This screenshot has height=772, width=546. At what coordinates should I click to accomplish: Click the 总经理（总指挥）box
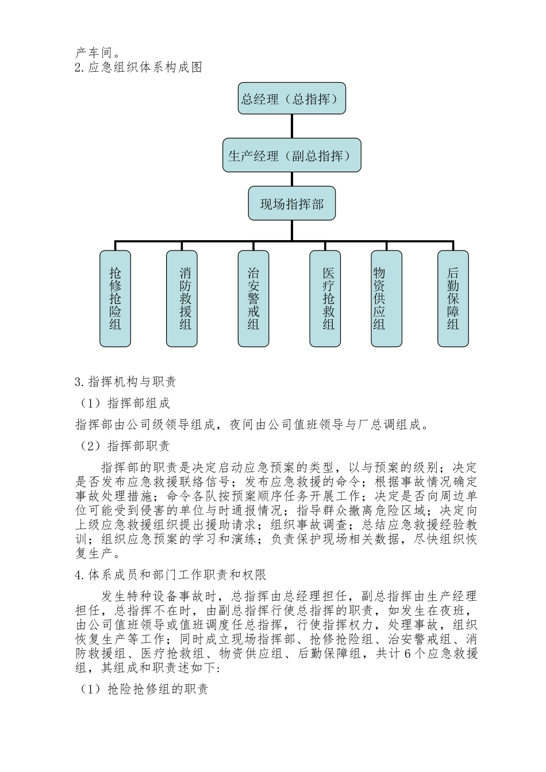[292, 99]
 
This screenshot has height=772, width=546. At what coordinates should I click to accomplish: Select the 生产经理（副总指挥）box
[292, 155]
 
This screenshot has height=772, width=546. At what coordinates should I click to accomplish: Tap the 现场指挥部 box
[292, 203]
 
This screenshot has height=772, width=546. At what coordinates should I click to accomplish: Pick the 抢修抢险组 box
[115, 299]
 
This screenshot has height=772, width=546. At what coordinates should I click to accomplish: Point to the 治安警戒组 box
[253, 299]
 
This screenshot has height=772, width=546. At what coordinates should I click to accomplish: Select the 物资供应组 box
[386, 299]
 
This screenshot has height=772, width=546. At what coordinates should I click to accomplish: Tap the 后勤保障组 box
[453, 299]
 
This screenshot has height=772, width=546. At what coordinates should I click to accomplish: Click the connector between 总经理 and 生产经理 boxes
[292, 127]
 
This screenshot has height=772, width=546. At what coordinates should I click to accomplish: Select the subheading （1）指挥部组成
[125, 403]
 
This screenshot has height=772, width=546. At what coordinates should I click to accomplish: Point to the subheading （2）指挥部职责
[125, 446]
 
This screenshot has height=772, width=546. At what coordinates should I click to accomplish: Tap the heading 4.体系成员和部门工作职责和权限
[170, 574]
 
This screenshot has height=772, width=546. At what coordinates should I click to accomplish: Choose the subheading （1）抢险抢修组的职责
[144, 689]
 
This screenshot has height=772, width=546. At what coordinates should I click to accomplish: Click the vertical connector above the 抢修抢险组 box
[115, 245]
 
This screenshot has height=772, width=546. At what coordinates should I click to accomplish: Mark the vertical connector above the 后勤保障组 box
[453, 245]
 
